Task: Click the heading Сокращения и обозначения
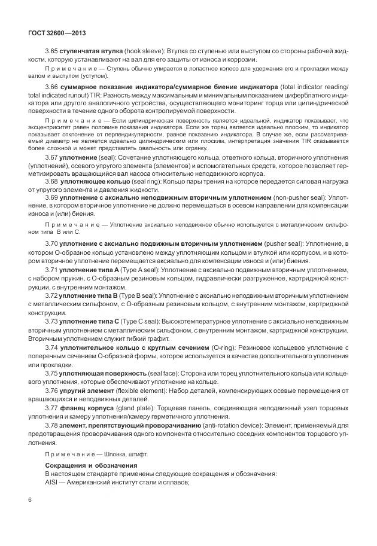click(x=91, y=465)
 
